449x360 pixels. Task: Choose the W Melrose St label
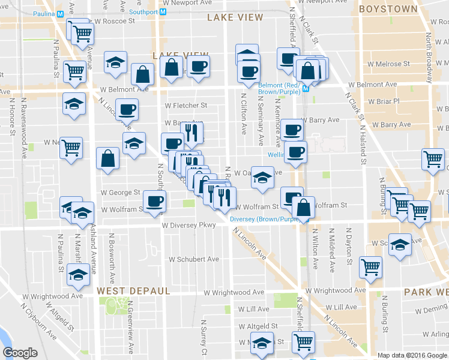click(x=389, y=64)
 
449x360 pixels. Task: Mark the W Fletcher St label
click(x=185, y=106)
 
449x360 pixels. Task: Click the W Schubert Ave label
click(x=194, y=260)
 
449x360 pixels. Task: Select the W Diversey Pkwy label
click(x=188, y=226)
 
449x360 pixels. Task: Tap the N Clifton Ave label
click(x=244, y=113)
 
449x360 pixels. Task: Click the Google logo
click(x=20, y=353)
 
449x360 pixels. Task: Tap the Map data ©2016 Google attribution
click(x=412, y=355)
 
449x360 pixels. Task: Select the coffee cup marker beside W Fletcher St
click(x=127, y=111)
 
